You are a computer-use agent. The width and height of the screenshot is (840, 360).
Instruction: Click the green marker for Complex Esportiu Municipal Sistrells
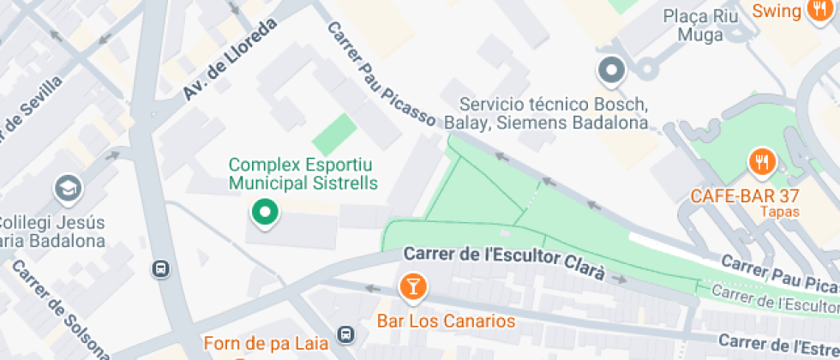point(265,212)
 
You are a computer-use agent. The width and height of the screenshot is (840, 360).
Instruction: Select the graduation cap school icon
point(67,188)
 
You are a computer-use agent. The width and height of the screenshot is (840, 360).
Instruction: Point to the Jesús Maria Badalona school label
point(51,231)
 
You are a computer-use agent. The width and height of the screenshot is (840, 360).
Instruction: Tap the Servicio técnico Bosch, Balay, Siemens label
point(554,113)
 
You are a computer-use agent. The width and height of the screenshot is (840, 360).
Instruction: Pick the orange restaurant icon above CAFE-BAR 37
point(762,162)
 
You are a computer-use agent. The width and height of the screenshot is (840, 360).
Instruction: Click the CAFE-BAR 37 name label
point(744,195)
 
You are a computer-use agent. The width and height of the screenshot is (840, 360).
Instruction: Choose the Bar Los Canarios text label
point(447,321)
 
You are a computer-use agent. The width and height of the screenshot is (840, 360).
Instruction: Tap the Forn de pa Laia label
point(266,344)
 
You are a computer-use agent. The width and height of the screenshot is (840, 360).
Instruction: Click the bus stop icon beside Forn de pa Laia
point(345,333)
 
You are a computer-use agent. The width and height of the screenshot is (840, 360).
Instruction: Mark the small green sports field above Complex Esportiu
point(333,135)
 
